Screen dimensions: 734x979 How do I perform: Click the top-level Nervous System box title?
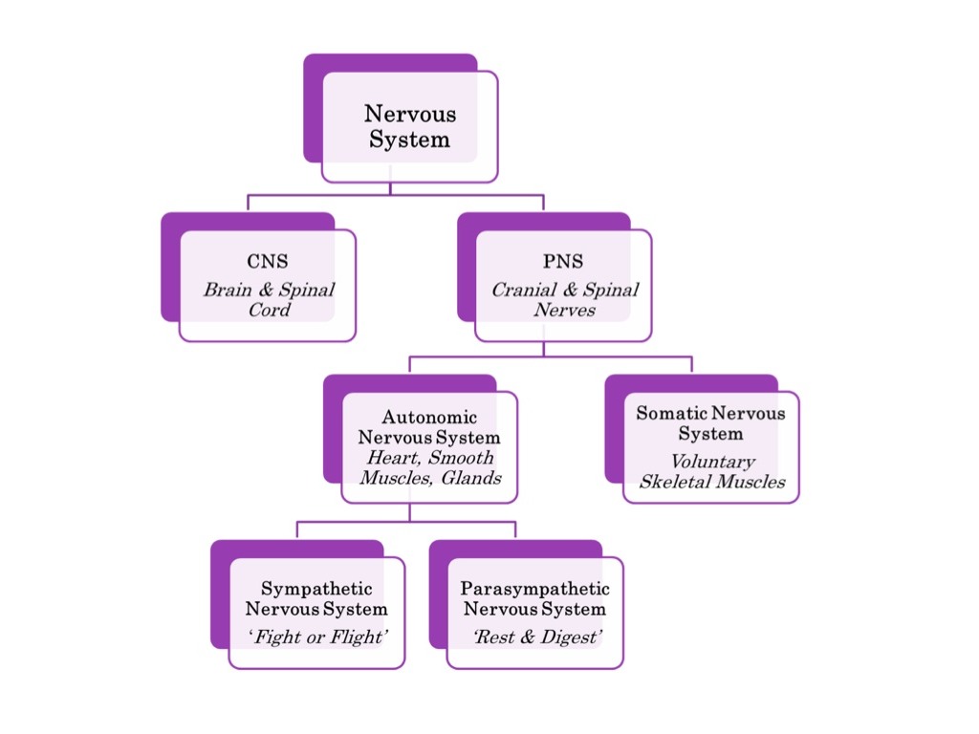coord(409,126)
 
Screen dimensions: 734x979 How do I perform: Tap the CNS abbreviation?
coord(267,262)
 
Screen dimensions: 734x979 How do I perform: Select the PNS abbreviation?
coord(563,262)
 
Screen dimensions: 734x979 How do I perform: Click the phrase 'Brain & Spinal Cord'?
coord(268,299)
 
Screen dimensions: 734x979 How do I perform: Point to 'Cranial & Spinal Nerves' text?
coord(564,299)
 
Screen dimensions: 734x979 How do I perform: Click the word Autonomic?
coord(429,418)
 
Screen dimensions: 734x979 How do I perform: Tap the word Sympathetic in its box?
coord(316,589)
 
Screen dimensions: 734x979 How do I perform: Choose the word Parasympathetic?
coord(534,589)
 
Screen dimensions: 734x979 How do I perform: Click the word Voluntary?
coord(711,461)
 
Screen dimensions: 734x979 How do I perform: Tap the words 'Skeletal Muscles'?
coord(711,481)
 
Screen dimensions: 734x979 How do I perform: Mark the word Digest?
coord(564,637)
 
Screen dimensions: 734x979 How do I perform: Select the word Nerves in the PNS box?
coord(564,310)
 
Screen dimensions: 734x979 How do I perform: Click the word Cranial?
coord(522,290)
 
